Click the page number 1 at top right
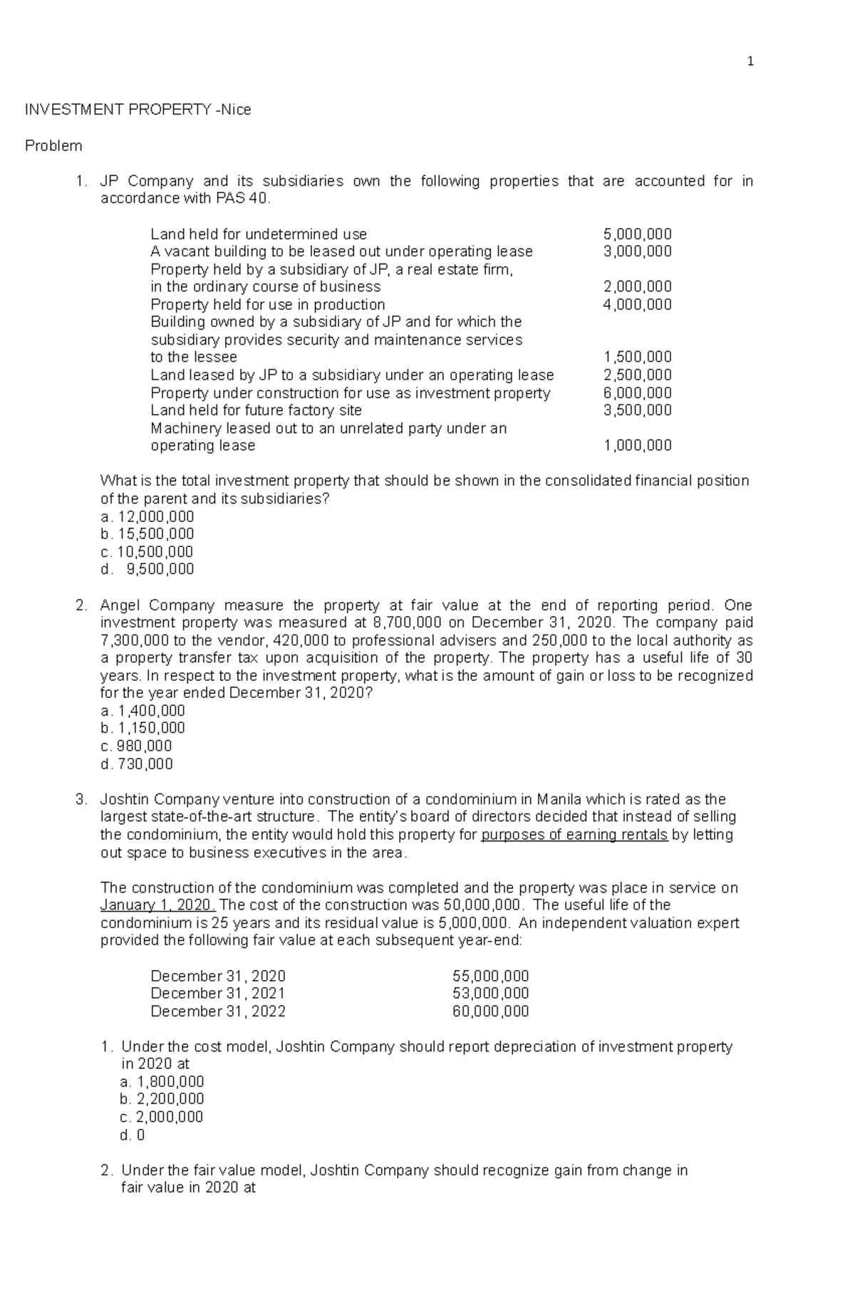tap(750, 62)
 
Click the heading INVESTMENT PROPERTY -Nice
tap(138, 110)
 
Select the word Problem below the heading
tap(53, 146)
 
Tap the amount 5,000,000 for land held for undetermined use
tap(637, 234)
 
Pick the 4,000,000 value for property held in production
tap(637, 305)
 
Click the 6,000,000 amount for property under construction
tap(637, 393)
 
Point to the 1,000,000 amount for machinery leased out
tap(637, 446)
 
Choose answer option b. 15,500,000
tap(147, 534)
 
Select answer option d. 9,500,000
tap(147, 569)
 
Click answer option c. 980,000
tap(136, 746)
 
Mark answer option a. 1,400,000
tap(143, 711)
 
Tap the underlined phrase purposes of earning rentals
tap(574, 835)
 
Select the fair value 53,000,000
tap(490, 994)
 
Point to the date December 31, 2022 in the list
tap(217, 1011)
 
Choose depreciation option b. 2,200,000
tap(162, 1100)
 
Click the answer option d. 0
tap(133, 1135)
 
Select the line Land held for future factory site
tap(256, 410)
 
